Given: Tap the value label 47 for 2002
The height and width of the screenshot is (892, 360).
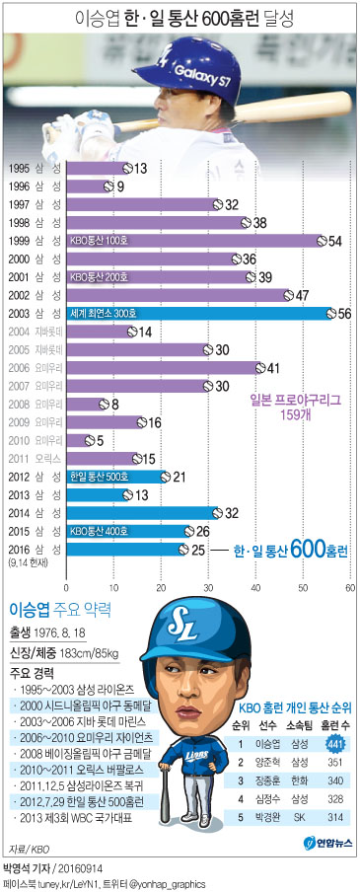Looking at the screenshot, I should pyautogui.click(x=302, y=294).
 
